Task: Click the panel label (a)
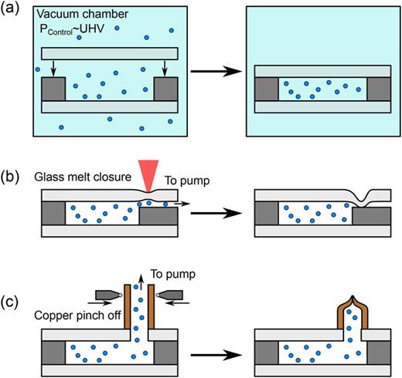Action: coord(12,11)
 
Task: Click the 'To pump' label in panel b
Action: coord(181,181)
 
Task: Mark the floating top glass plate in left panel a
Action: coord(107,54)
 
